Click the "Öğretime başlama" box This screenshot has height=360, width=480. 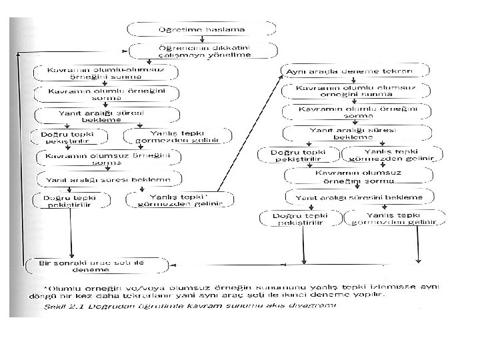tap(201, 30)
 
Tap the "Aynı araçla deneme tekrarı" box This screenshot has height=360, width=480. tap(350, 71)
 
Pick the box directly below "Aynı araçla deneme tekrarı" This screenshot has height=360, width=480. tap(349, 91)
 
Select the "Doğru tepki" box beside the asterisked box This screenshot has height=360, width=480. tap(71, 200)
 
